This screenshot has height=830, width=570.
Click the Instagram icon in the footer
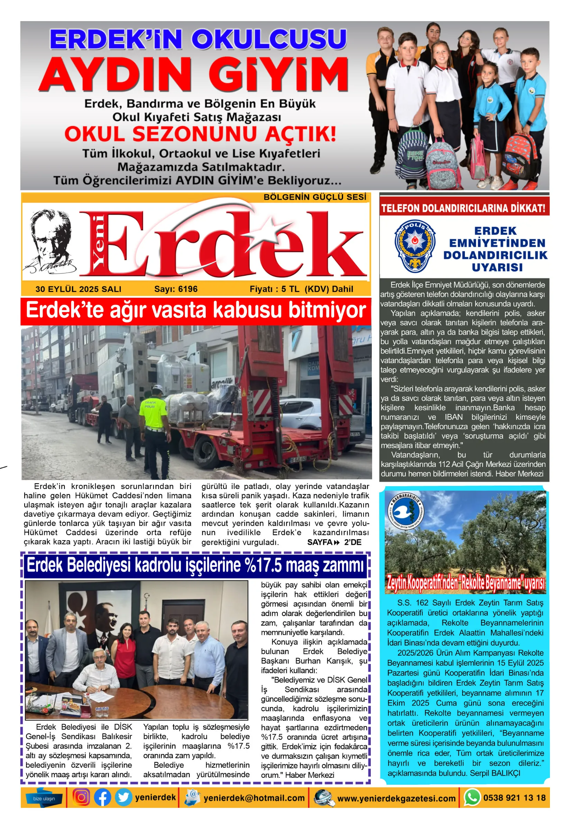(81, 798)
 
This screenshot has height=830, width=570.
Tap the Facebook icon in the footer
(102, 798)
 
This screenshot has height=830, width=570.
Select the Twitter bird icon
(123, 798)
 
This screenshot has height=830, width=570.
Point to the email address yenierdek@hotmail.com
(254, 798)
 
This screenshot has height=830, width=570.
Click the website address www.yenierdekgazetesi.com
(396, 799)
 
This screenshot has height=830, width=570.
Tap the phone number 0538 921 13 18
(514, 798)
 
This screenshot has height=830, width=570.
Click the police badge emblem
(415, 246)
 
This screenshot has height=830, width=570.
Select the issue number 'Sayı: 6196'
(176, 289)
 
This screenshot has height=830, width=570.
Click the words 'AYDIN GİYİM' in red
(193, 75)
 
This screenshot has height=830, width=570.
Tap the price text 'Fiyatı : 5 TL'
(274, 289)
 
